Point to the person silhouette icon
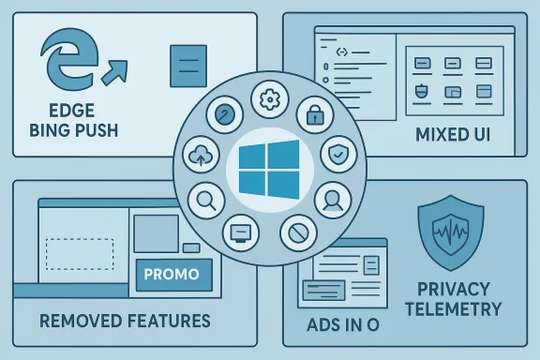coord(330,198)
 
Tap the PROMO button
coord(173,275)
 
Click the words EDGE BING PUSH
coord(75,119)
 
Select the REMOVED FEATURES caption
coord(125,321)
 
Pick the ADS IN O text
coord(345,326)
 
